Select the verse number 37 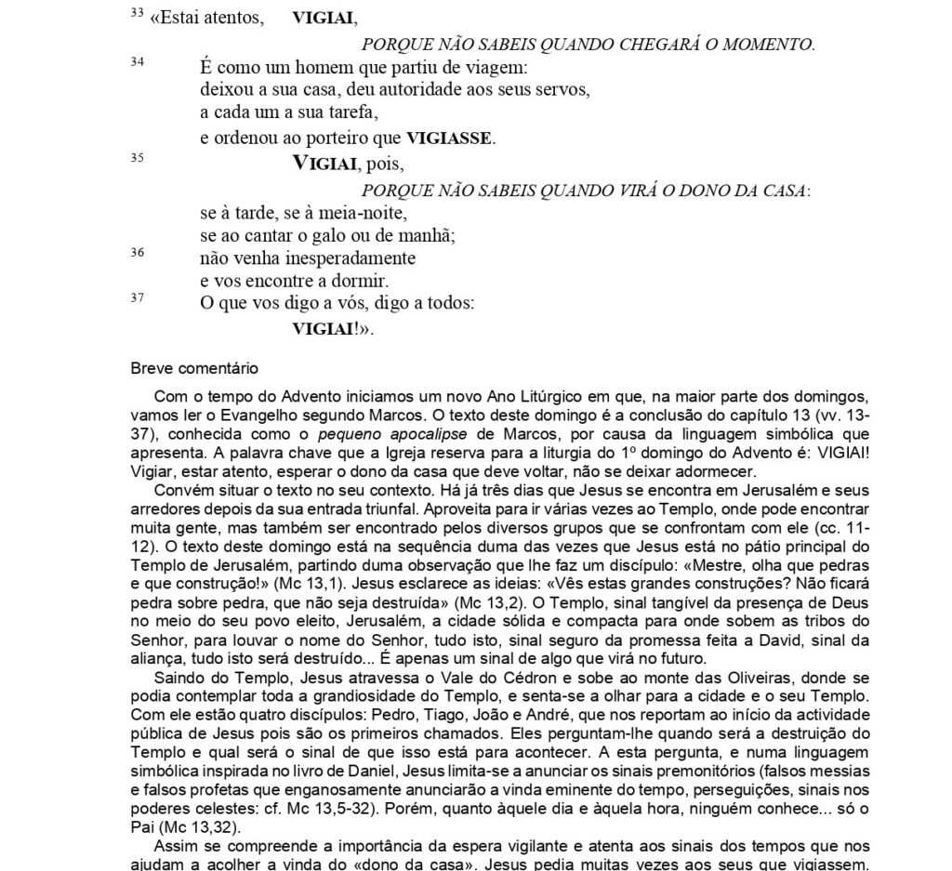pos(137,298)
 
